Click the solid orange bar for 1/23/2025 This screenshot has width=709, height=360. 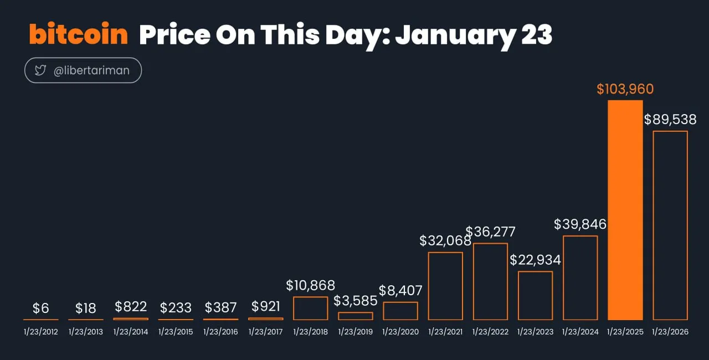[x=625, y=210]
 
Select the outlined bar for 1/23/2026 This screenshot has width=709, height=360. [x=670, y=225]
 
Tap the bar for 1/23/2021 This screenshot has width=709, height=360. [x=445, y=286]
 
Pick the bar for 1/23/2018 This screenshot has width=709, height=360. [x=310, y=308]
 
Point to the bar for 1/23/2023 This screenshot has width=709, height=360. [x=535, y=295]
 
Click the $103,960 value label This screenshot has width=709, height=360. [x=625, y=89]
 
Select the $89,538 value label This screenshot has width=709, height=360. [x=670, y=120]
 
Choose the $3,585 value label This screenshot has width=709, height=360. [x=356, y=301]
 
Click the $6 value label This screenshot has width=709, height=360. [x=40, y=308]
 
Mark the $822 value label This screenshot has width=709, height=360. [x=131, y=307]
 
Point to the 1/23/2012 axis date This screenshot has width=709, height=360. [x=40, y=332]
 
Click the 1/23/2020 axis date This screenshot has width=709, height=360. [x=400, y=332]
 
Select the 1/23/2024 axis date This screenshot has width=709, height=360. [x=580, y=332]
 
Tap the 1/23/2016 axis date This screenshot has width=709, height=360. [x=220, y=332]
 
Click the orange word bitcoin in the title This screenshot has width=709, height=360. [x=78, y=35]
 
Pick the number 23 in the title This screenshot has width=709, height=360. [x=536, y=35]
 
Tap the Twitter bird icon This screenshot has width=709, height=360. [x=40, y=70]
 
